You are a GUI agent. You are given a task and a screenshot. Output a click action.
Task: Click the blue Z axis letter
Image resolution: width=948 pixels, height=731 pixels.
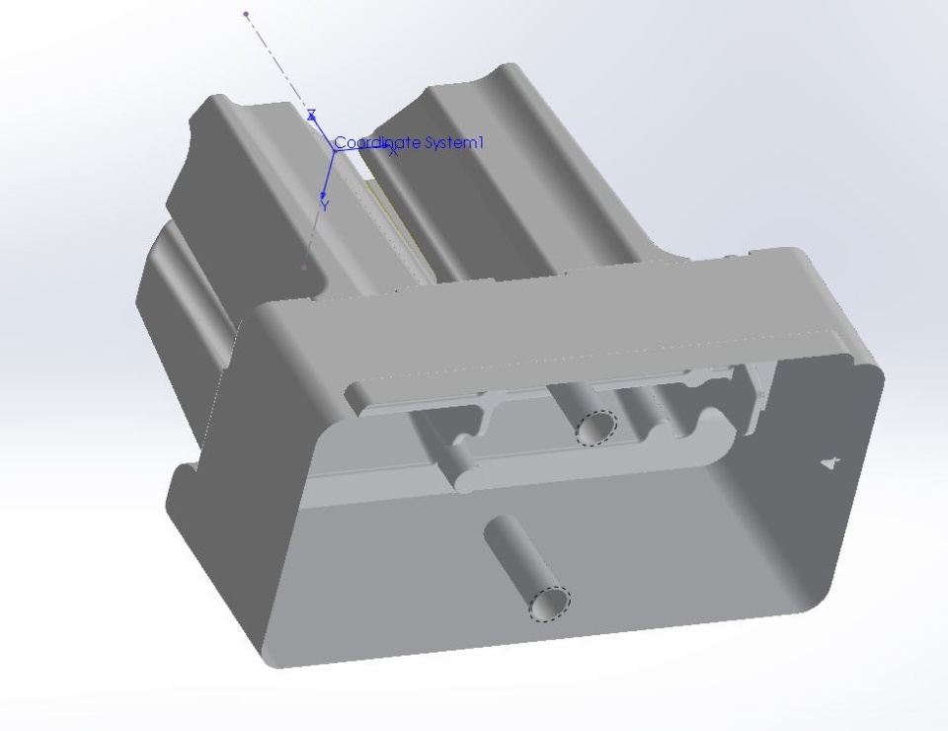pos(311,115)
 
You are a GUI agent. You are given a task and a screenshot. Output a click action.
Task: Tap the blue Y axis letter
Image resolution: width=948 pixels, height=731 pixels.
pos(326,206)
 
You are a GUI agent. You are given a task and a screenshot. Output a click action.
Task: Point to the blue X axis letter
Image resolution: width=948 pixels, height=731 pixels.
pos(394,152)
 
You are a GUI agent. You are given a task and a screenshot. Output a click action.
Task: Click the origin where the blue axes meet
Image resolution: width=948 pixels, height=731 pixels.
pos(335,149)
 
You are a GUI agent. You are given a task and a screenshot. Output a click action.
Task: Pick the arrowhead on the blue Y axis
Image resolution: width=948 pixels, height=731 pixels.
pos(324,194)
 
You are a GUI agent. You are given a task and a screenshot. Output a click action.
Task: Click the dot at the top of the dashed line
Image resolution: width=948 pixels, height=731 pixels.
pos(246,13)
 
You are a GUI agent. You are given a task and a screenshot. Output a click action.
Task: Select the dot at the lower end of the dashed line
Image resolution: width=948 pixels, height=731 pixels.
pos(304,266)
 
